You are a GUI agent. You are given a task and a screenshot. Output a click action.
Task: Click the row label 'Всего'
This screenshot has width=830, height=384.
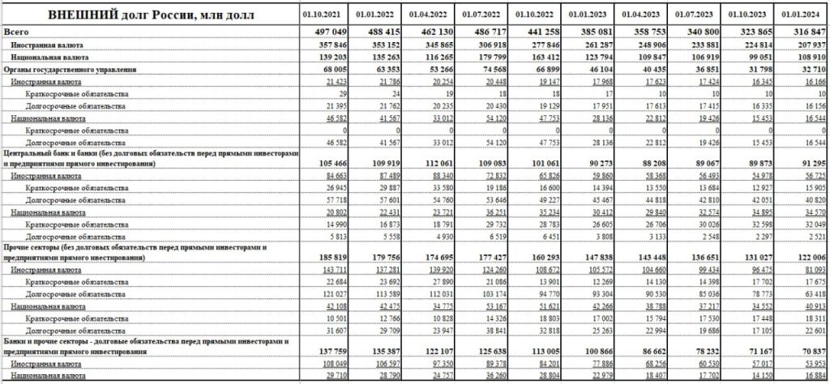(15, 29)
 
